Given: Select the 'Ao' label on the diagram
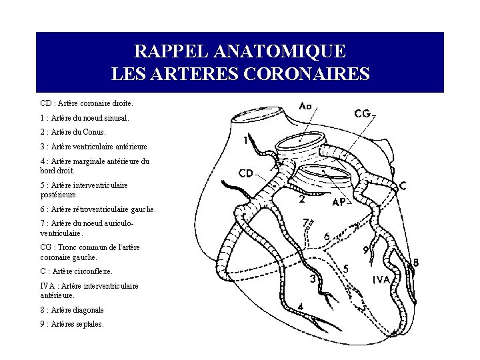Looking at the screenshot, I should click(x=305, y=106).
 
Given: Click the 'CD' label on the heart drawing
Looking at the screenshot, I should click(x=245, y=173).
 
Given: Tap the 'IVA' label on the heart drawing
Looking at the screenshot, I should click(x=381, y=280).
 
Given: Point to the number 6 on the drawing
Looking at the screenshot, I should click(x=327, y=236).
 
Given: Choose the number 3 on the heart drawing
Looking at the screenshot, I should click(x=313, y=280).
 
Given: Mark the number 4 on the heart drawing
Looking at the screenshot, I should click(x=301, y=307).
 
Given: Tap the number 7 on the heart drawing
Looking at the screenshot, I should click(x=305, y=222).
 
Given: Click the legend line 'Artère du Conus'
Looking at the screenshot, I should click(x=73, y=131).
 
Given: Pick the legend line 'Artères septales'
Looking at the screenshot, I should click(x=72, y=324).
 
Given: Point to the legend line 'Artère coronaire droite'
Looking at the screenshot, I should click(x=87, y=103).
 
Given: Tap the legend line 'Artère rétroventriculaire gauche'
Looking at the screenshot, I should click(x=98, y=209).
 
